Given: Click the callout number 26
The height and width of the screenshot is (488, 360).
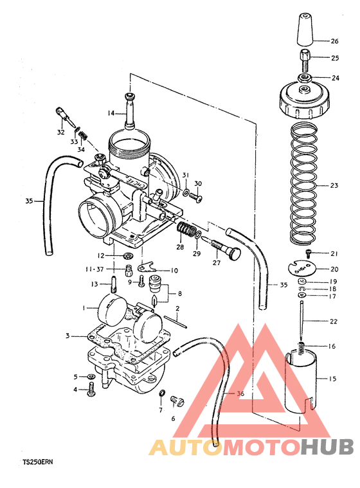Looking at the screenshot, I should [334, 41].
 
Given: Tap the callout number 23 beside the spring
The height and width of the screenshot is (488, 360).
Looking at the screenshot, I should [334, 185].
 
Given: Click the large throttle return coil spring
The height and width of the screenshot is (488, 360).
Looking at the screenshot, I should [306, 183].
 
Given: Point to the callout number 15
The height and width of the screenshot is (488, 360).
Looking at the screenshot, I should [332, 379].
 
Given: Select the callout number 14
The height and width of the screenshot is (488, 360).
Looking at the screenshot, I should [111, 113].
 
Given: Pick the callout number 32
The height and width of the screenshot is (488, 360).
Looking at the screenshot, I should [60, 132].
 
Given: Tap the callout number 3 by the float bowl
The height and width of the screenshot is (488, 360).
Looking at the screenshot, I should [67, 336].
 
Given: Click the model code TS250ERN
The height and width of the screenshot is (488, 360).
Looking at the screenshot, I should [40, 462].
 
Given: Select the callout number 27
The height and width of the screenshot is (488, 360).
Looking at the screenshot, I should [216, 262].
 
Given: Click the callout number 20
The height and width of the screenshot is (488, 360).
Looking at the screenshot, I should [334, 269].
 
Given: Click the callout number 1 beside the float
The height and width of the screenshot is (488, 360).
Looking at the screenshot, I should [83, 308].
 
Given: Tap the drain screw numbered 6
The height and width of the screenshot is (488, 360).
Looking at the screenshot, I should [175, 402].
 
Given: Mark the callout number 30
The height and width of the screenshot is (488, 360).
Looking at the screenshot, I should [198, 183].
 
